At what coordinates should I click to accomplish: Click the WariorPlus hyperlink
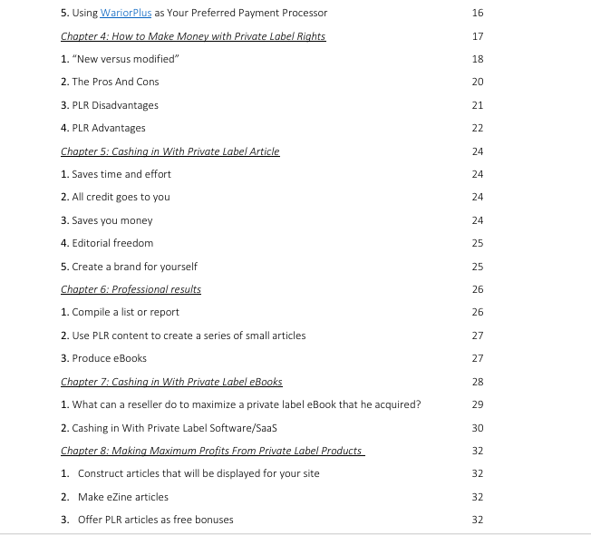point(126,13)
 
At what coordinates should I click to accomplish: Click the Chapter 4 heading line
point(192,36)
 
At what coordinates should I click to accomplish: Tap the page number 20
point(478,82)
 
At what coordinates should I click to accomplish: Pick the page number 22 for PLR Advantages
point(478,128)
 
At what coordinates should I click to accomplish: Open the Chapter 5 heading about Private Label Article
point(170,151)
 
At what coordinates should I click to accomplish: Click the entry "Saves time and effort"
point(115,174)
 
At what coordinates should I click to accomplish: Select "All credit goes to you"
point(115,197)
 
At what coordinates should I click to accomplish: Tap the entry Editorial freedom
point(106,243)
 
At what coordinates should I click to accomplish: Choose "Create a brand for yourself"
point(128,267)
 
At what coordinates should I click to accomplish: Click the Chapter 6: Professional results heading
point(131,289)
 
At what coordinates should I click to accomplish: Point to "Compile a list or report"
point(120,312)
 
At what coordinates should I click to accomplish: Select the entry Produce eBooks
point(103,358)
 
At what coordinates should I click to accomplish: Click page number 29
point(478,404)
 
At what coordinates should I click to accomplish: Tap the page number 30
point(478,428)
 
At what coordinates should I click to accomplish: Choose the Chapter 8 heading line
point(212,451)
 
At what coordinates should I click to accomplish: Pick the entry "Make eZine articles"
point(122,497)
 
